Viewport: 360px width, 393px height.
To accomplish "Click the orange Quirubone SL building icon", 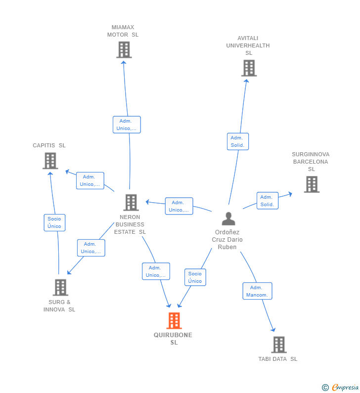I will (x=174, y=321).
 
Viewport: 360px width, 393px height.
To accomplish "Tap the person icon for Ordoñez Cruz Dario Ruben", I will (x=228, y=218).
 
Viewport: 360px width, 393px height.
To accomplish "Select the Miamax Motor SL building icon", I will (x=124, y=49).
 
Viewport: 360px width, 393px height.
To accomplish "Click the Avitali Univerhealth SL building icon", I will (x=249, y=68).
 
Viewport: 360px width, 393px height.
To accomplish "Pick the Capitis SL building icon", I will (x=50, y=161).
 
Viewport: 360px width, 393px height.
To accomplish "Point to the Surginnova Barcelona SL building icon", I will (x=311, y=184).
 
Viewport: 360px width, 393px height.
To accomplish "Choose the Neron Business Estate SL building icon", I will (x=131, y=202).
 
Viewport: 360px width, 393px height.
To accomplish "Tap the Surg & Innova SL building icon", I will (x=60, y=287).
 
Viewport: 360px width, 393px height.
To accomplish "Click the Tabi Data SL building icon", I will (x=278, y=345).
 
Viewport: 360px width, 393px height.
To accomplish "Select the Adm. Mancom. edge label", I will (x=257, y=291).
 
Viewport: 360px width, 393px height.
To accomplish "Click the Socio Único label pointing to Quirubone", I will (x=195, y=277).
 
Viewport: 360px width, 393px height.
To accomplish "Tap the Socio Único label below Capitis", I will (x=54, y=222).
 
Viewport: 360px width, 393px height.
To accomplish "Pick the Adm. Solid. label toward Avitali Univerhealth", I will (x=238, y=141).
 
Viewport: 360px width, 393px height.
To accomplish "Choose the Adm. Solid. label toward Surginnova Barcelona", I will (x=267, y=201).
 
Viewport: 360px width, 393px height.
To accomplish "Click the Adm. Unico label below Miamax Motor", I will (x=127, y=125).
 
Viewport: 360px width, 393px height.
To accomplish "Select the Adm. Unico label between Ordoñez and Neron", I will (x=179, y=206).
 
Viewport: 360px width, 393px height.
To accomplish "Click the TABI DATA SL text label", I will (x=278, y=359).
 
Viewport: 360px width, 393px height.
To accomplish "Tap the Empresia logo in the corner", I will (x=340, y=388).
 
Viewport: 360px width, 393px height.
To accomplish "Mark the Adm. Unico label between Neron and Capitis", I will (x=90, y=180).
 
